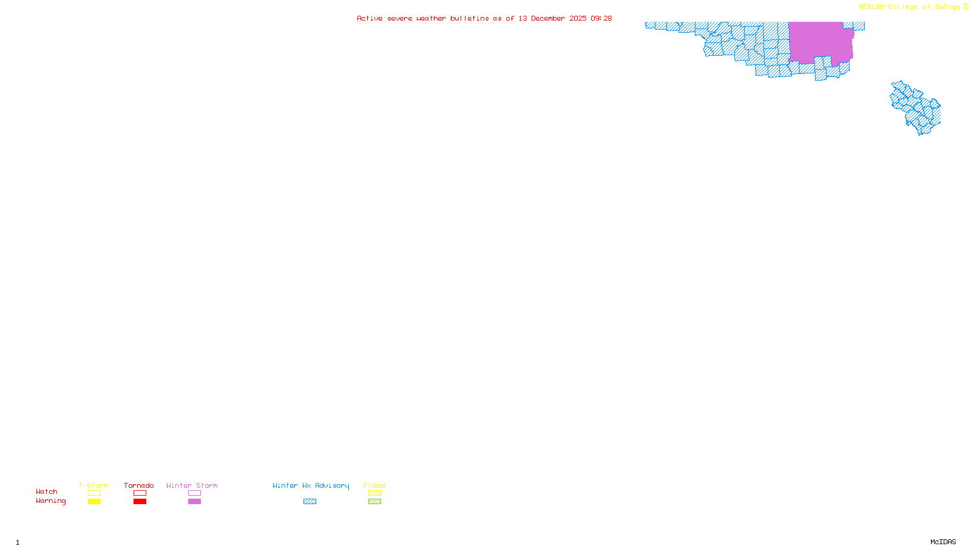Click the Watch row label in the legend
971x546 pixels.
point(47,491)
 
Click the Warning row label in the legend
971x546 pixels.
point(51,501)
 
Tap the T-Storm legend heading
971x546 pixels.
point(93,485)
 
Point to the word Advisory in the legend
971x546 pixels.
point(332,485)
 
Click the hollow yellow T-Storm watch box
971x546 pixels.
point(94,493)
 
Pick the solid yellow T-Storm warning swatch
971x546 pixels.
point(94,502)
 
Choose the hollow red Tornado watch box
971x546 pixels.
point(140,493)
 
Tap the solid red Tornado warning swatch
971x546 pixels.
point(140,502)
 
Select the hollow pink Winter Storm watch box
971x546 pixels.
point(194,493)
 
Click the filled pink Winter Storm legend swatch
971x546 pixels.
point(194,502)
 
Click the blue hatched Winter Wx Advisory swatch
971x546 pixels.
point(310,502)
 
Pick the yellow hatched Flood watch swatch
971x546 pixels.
point(374,493)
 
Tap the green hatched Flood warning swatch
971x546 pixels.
point(374,502)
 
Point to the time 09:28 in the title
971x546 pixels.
point(601,18)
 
